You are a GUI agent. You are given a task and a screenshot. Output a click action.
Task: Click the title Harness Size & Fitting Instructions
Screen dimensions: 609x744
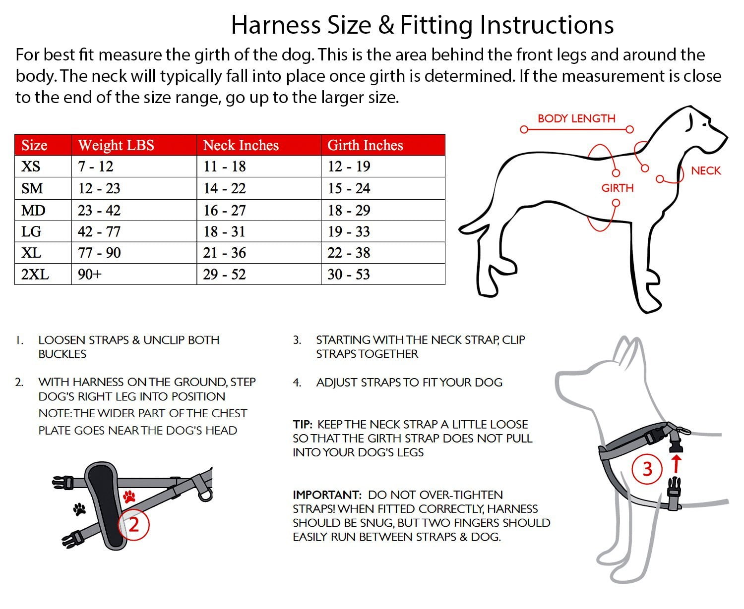(x=422, y=25)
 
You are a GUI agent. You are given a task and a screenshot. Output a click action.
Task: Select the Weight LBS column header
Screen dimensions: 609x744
(x=116, y=145)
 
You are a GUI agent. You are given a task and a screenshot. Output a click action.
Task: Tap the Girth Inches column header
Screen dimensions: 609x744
(x=365, y=145)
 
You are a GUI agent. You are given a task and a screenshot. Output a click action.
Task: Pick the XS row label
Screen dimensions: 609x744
(x=31, y=166)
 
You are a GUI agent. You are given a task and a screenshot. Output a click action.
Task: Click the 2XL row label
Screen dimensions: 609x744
(x=35, y=274)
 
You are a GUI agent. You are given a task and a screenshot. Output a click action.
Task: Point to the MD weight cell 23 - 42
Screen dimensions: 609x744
(x=99, y=211)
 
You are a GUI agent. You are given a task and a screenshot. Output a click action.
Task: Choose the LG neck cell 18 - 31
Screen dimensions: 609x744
(x=224, y=231)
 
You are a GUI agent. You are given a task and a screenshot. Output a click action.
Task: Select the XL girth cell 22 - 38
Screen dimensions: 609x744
(x=349, y=253)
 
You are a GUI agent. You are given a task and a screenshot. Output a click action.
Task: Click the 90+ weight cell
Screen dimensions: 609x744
(x=90, y=274)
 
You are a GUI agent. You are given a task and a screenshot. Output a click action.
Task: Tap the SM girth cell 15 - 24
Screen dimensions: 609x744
(x=349, y=188)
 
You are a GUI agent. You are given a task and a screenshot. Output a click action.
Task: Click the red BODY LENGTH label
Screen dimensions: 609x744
(x=576, y=118)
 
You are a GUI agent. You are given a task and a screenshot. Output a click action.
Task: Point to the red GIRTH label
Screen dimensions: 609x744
(x=618, y=188)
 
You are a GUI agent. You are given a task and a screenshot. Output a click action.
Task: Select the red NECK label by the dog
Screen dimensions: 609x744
(x=706, y=170)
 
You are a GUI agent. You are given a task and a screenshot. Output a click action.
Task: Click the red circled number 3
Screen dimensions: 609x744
(x=647, y=469)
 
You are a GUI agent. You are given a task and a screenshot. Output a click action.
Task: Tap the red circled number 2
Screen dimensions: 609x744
(x=133, y=524)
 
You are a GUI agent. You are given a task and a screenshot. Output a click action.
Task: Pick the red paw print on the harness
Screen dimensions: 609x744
(x=129, y=496)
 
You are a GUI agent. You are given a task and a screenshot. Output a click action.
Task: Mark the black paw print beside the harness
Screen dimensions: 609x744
(x=79, y=508)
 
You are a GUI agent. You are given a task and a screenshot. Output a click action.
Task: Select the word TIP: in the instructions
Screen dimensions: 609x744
(x=303, y=424)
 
